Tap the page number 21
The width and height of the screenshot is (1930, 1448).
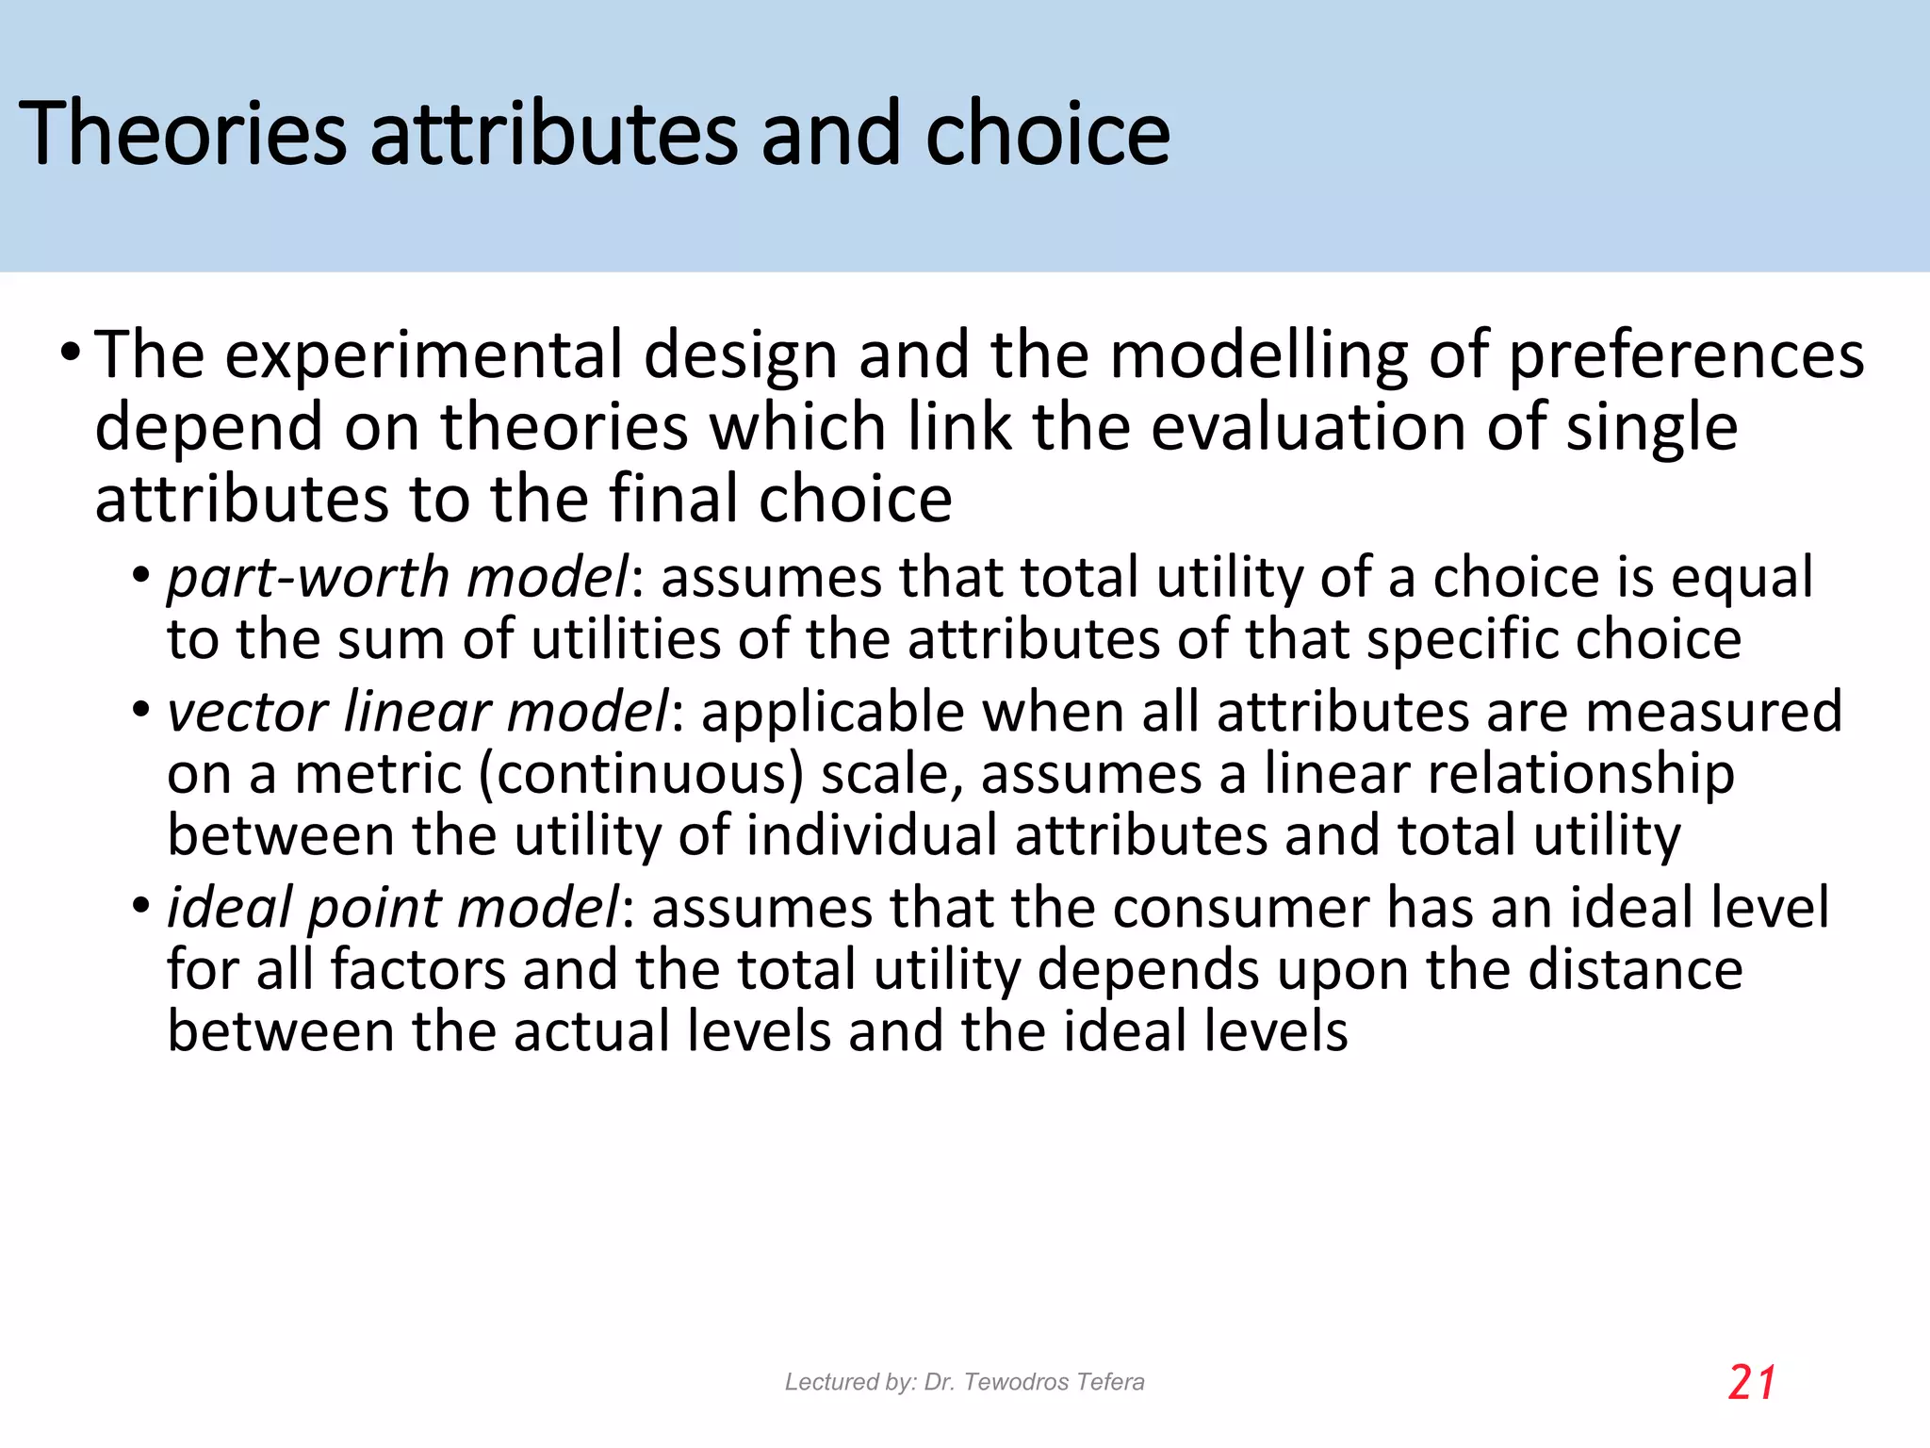[x=1752, y=1383]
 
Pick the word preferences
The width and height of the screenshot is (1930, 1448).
[x=1687, y=357]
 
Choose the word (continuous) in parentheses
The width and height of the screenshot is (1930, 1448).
[x=641, y=775]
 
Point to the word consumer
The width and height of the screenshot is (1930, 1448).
[x=1240, y=908]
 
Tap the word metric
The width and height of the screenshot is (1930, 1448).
[x=377, y=775]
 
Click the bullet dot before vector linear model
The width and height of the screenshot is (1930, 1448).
[x=141, y=710]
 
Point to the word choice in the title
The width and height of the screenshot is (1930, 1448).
[x=1047, y=134]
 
